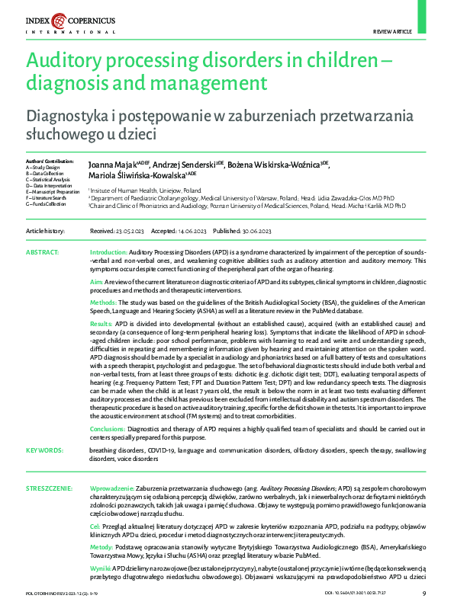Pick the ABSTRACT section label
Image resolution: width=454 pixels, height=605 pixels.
click(x=43, y=251)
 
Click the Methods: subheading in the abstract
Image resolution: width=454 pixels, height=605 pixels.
click(x=104, y=302)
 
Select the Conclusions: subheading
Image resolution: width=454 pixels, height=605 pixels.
click(x=108, y=430)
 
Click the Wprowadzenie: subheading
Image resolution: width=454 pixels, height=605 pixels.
click(x=114, y=486)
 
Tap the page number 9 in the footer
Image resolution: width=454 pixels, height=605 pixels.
click(x=424, y=594)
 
